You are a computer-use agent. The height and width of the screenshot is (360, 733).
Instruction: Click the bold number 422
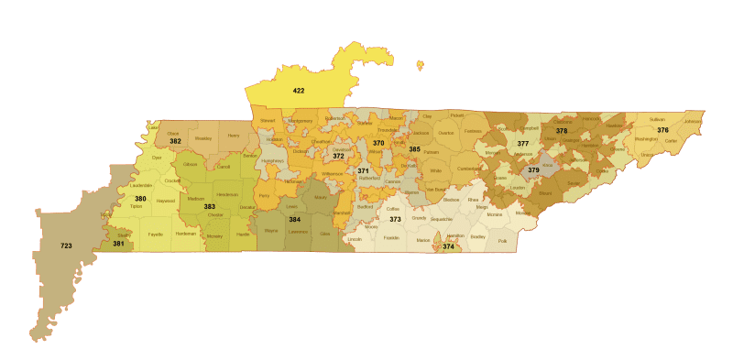(299, 91)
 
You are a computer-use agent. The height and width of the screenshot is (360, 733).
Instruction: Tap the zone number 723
(66, 245)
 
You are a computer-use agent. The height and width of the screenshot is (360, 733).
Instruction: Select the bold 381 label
(118, 244)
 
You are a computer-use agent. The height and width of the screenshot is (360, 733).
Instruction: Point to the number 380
(140, 199)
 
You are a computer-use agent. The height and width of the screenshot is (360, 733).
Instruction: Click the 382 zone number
(175, 141)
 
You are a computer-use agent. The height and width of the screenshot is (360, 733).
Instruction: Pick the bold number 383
(209, 207)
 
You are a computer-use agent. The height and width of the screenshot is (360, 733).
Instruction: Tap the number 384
(294, 221)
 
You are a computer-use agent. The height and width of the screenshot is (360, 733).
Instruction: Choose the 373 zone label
(395, 220)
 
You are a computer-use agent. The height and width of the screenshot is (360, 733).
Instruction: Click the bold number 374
(448, 246)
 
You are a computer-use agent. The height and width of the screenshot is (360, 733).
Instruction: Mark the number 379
(533, 170)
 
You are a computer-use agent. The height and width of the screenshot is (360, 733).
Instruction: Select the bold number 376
(662, 130)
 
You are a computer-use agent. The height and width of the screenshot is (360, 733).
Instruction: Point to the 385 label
(414, 149)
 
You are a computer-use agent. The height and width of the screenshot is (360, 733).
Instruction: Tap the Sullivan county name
(656, 120)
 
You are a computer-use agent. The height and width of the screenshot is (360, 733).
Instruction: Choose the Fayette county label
(156, 234)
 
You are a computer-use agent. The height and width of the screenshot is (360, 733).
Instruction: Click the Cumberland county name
(466, 169)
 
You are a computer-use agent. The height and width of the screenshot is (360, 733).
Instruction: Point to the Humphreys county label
(273, 161)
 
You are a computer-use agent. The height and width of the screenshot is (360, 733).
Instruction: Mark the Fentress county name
(473, 131)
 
